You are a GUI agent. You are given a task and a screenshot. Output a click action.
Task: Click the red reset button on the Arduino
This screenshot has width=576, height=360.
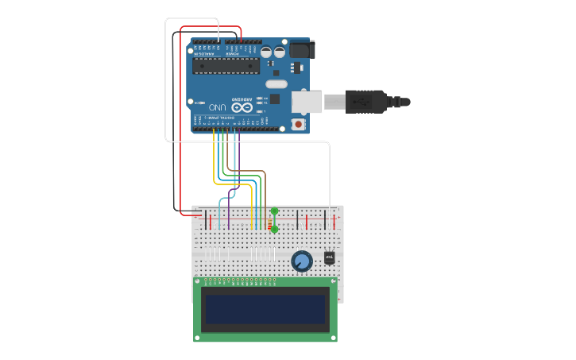[x=298, y=124]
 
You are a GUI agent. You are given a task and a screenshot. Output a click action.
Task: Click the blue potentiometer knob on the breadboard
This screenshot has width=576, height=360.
[x=302, y=261]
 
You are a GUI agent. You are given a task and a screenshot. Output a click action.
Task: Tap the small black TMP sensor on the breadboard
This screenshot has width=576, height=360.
[x=329, y=257]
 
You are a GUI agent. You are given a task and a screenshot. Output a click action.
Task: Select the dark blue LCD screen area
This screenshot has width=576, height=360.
[x=265, y=309]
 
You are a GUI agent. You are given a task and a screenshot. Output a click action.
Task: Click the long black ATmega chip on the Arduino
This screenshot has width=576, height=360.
[x=226, y=66]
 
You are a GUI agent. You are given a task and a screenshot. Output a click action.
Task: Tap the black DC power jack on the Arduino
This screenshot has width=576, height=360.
[x=301, y=49]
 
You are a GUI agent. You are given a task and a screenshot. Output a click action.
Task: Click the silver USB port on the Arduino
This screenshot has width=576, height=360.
[x=307, y=102]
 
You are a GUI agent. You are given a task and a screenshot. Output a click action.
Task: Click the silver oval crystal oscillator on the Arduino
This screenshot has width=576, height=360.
[x=276, y=84]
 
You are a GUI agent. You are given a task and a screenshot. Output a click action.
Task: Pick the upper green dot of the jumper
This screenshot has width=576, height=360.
[x=274, y=211]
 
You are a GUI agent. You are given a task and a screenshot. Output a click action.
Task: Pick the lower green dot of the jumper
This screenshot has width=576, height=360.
[x=274, y=229]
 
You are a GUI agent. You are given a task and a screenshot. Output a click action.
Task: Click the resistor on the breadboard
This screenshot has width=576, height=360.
[x=269, y=223]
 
